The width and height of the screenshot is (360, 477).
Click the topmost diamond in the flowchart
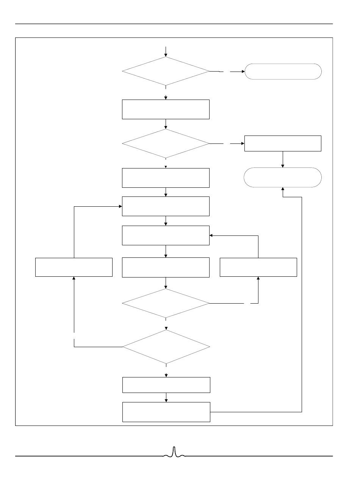pyautogui.click(x=166, y=71)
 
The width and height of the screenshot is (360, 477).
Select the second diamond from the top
pyautogui.click(x=166, y=143)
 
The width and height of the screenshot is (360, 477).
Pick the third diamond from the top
pyautogui.click(x=166, y=303)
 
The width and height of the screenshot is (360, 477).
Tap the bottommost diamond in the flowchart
pyautogui.click(x=166, y=346)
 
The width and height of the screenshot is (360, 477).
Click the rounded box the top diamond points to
pyautogui.click(x=283, y=71)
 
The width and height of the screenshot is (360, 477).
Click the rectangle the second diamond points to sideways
pyautogui.click(x=283, y=143)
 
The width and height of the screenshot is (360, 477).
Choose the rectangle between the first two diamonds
pyautogui.click(x=166, y=109)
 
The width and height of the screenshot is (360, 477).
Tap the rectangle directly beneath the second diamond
pyautogui.click(x=166, y=178)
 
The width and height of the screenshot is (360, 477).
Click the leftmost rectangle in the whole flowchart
pyautogui.click(x=74, y=267)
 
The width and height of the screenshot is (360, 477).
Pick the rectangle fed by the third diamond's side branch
pyautogui.click(x=258, y=267)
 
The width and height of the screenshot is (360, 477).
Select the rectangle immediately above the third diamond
pyautogui.click(x=166, y=267)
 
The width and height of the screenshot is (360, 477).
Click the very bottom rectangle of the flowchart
pyautogui.click(x=166, y=412)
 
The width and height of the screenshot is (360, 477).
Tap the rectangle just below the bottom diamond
pyautogui.click(x=166, y=385)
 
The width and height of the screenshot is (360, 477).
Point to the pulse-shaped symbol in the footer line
pyautogui.click(x=174, y=453)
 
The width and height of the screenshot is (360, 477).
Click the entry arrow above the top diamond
pyautogui.click(x=166, y=51)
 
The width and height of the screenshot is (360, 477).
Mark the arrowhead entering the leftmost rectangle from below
pyautogui.click(x=74, y=279)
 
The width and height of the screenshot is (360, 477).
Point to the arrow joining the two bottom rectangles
pyautogui.click(x=166, y=397)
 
